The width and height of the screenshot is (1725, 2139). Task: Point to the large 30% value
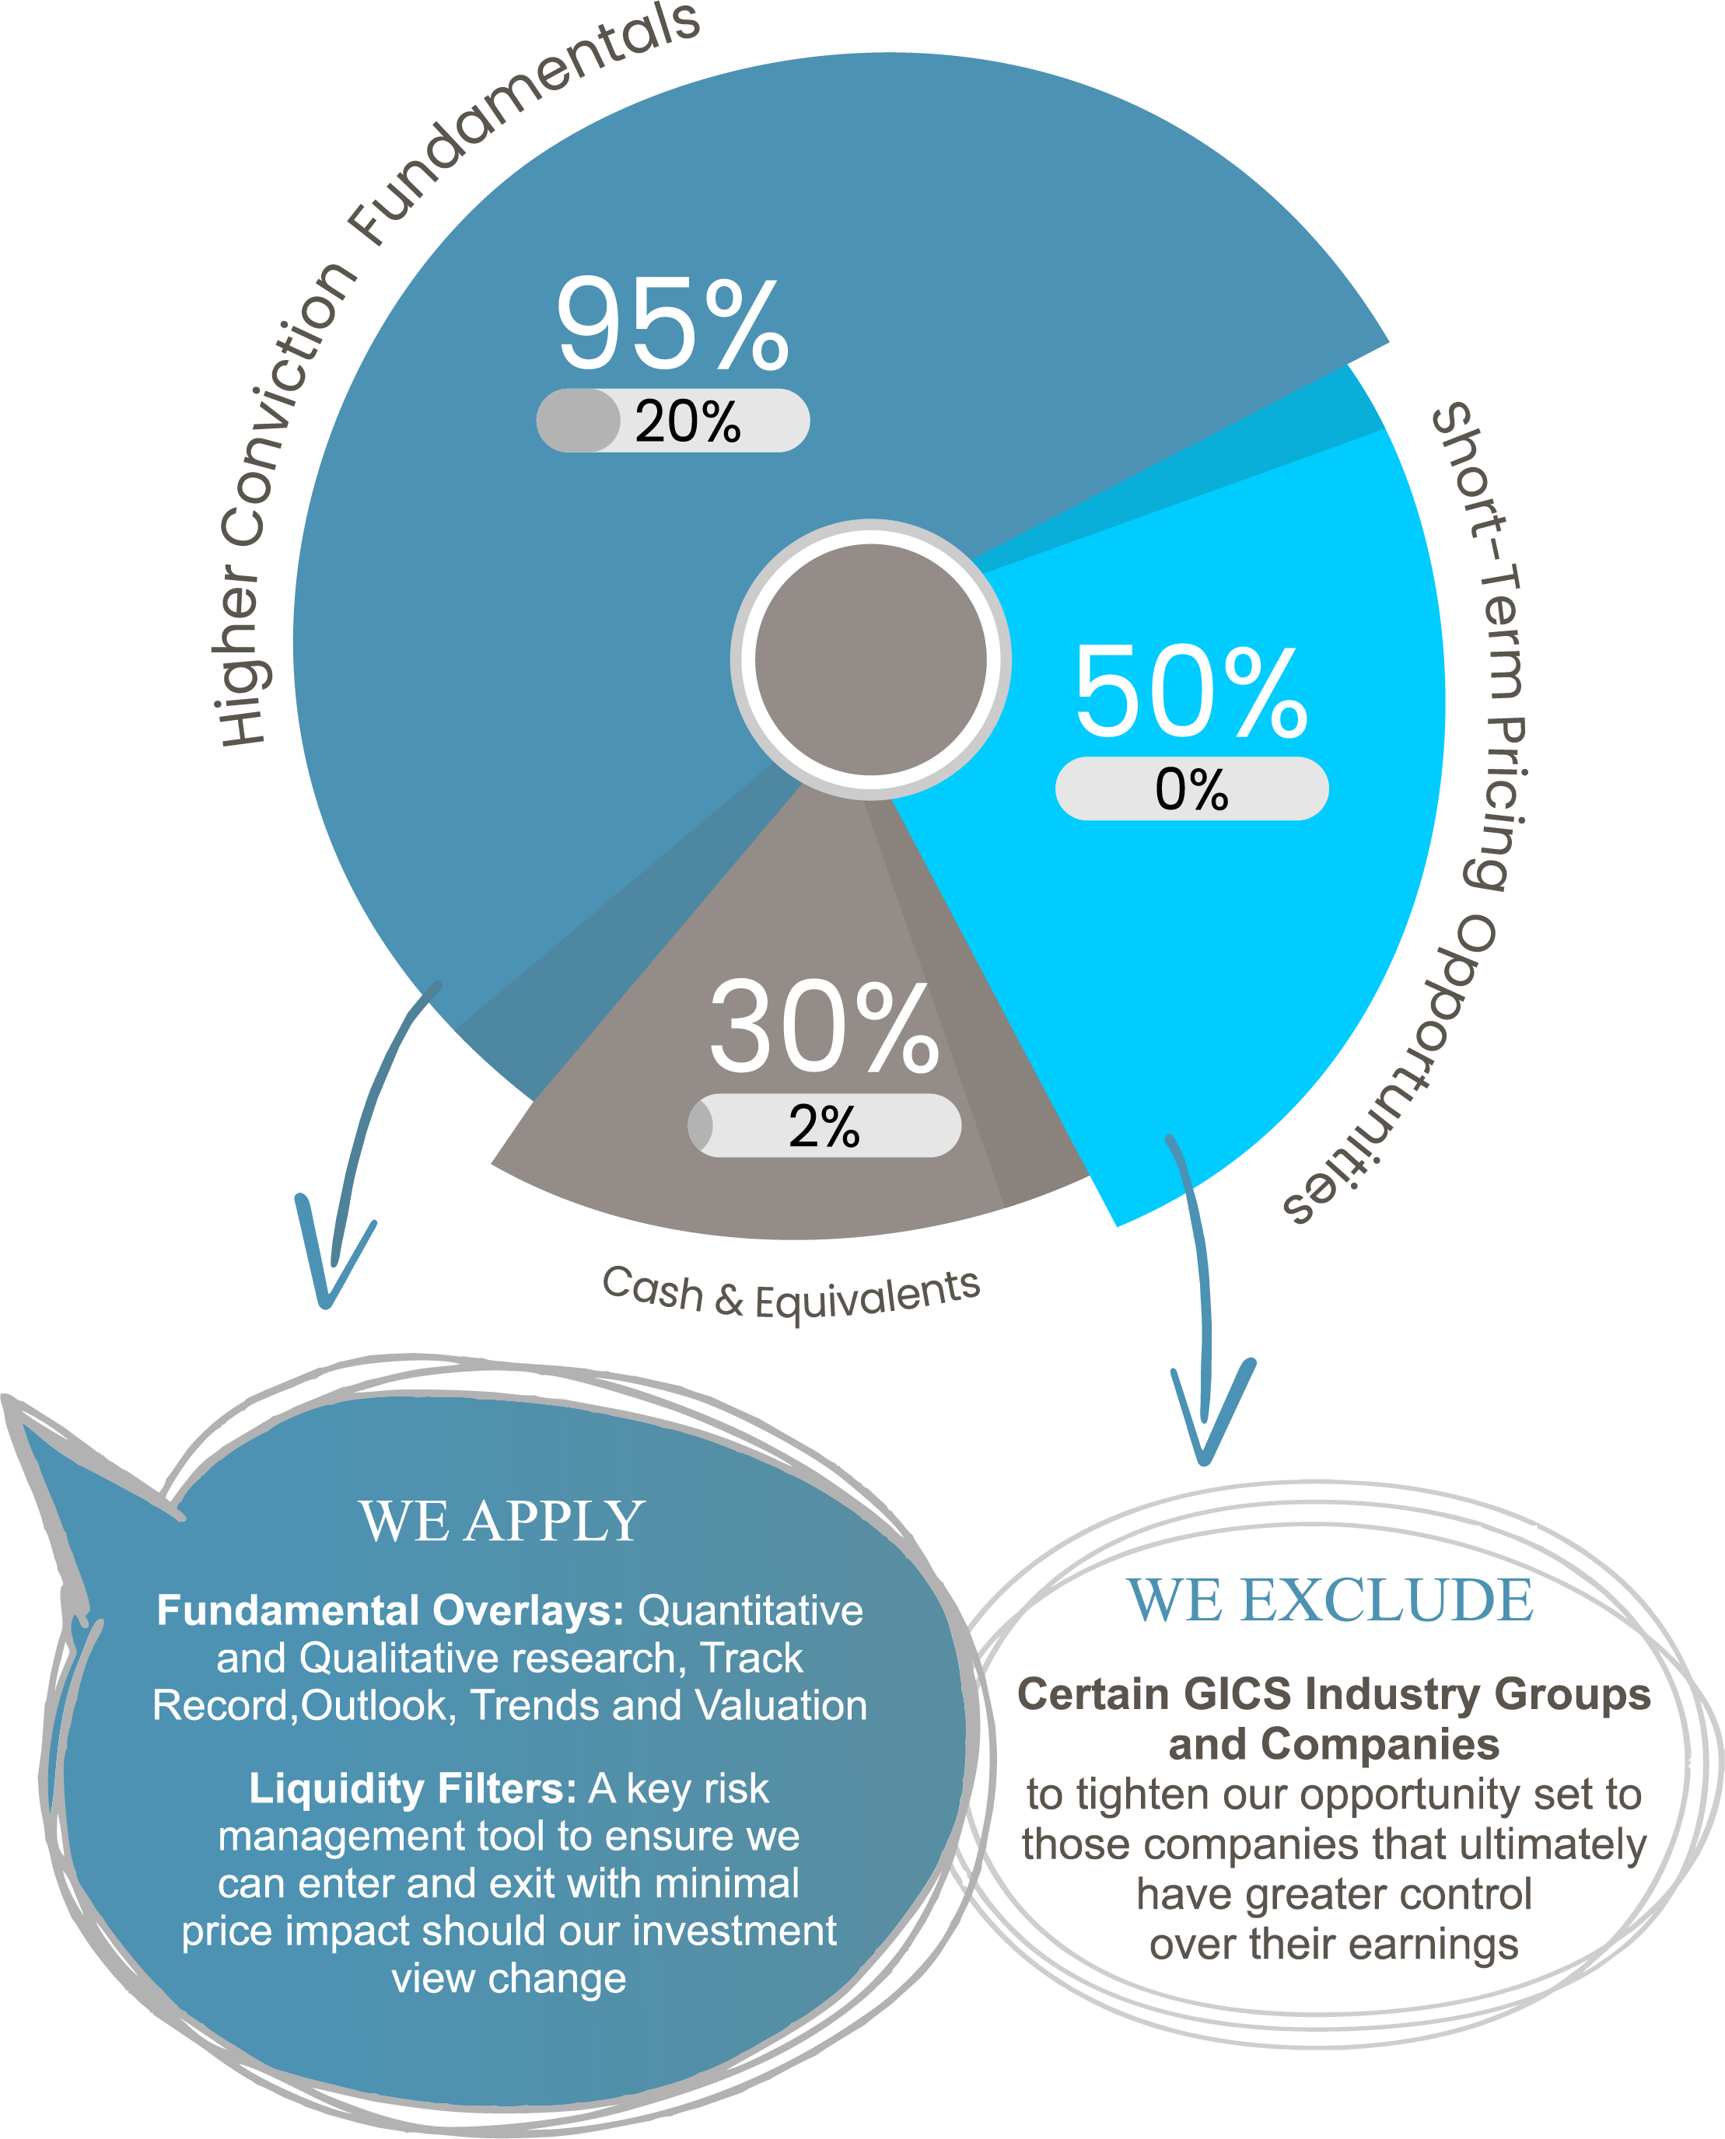coord(824,1027)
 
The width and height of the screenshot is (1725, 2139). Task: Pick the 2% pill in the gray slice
coord(824,1126)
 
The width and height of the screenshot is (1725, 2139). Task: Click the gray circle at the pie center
coord(870,659)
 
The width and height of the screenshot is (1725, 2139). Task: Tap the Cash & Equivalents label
coord(791,1295)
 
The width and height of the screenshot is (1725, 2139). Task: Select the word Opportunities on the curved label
coord(1411,1073)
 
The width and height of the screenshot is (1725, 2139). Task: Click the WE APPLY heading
coord(502,1521)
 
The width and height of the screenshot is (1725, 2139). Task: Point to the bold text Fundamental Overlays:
coord(390,1610)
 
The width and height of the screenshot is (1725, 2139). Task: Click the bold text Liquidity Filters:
coord(412,1788)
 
